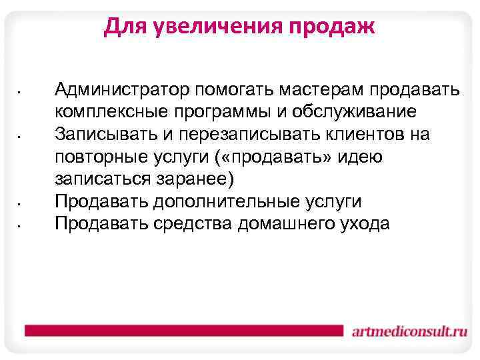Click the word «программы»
coord(222,112)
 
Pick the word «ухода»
coord(364,225)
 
